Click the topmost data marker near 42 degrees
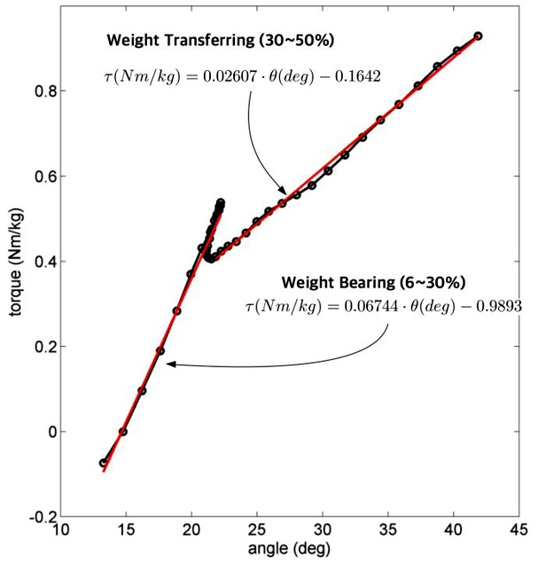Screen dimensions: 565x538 pyautogui.click(x=479, y=36)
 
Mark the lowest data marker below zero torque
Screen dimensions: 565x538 pyautogui.click(x=104, y=463)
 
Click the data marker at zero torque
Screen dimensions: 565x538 pyautogui.click(x=123, y=432)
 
